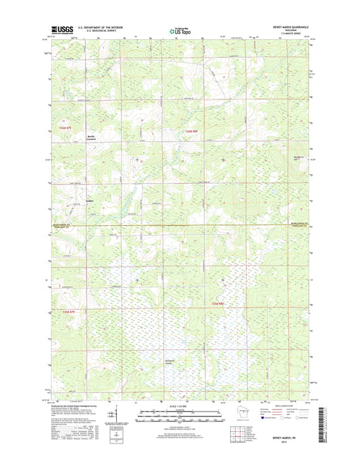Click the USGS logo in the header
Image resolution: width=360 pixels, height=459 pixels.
coord(59,29)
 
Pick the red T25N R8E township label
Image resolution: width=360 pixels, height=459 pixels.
coord(194,130)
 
